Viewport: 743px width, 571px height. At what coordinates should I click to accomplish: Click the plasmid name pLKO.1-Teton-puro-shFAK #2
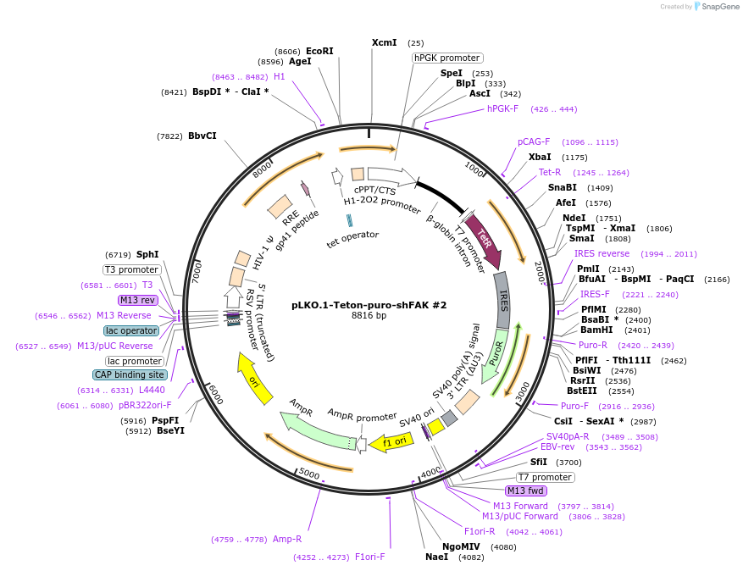[369, 304]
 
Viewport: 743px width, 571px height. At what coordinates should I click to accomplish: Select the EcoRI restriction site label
[319, 51]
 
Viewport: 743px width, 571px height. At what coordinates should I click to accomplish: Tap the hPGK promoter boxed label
[447, 58]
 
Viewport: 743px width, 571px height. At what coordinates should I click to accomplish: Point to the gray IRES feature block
[502, 299]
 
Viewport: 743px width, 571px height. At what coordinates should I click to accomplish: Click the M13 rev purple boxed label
[139, 300]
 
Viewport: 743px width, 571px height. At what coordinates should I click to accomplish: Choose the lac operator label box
[131, 330]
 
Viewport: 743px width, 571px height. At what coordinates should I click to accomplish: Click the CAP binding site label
[130, 374]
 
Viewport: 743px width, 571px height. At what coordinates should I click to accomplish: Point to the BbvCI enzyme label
[202, 136]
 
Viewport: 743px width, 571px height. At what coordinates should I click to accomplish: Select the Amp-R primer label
[287, 539]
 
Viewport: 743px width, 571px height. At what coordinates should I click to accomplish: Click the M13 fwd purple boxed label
[526, 491]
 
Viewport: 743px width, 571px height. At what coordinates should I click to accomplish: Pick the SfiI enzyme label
[539, 462]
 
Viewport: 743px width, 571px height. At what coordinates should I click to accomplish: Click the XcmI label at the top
[385, 42]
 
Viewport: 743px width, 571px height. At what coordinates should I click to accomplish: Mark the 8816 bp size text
[369, 316]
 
